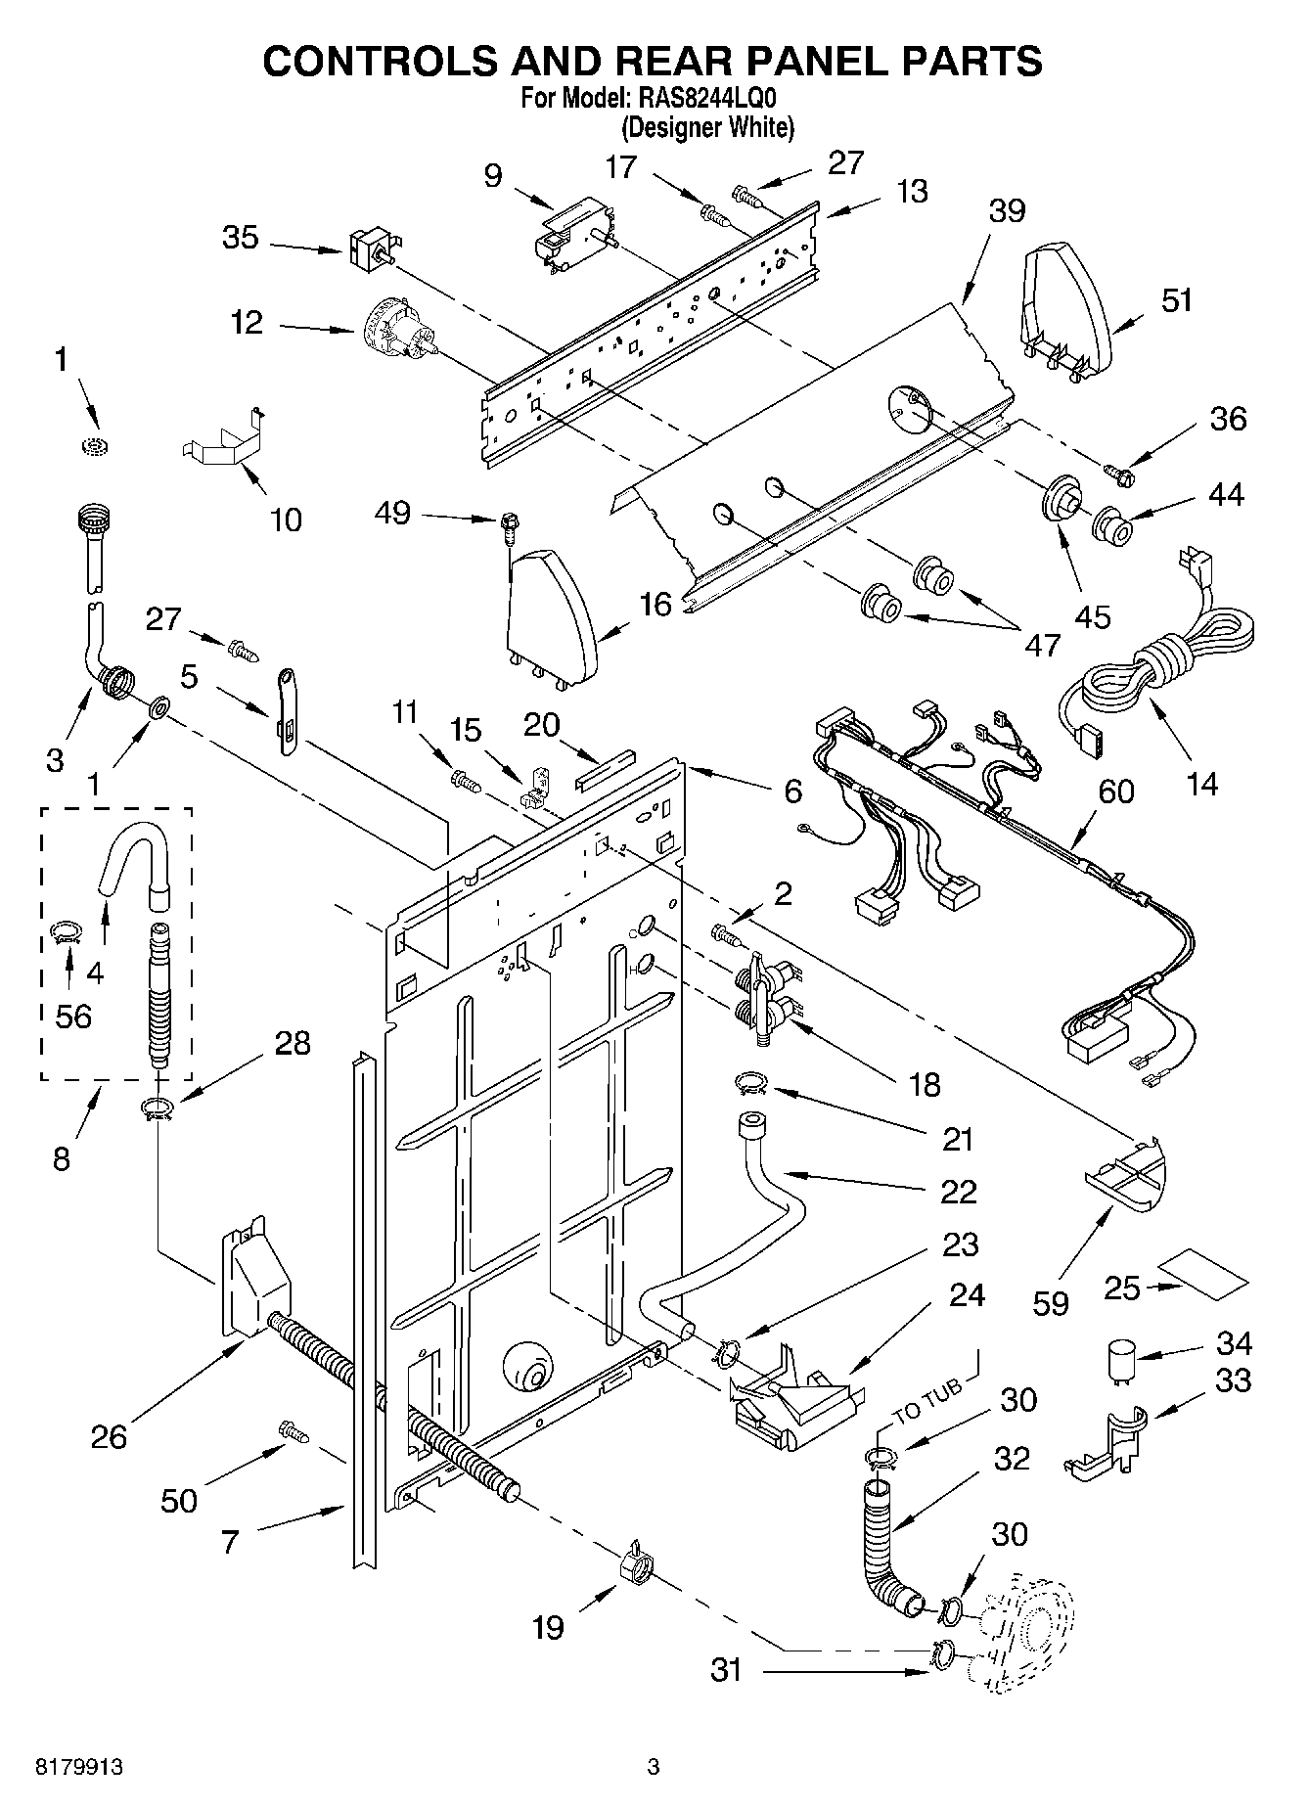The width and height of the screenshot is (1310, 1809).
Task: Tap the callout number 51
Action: coord(1176,300)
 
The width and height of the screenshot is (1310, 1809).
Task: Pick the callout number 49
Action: coord(393,513)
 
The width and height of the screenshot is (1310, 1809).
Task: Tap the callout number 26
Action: coord(109,1435)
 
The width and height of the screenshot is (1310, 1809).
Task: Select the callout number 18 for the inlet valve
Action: coord(924,1084)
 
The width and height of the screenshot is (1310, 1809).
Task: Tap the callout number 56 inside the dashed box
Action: coord(73,1016)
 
